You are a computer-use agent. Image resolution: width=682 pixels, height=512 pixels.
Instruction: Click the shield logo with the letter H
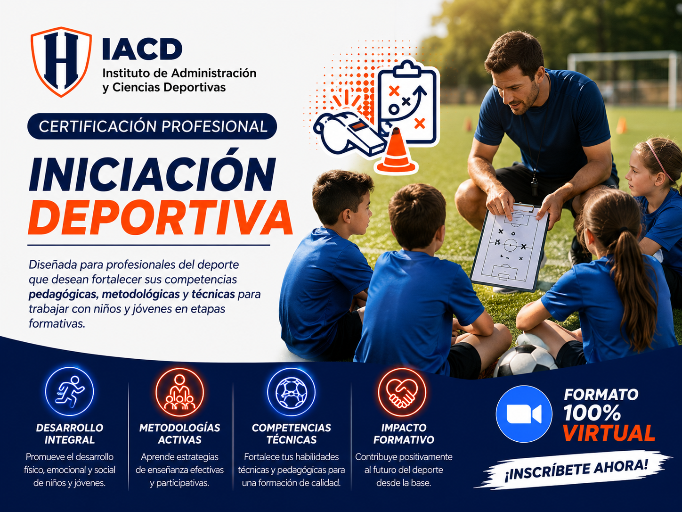pos(61,62)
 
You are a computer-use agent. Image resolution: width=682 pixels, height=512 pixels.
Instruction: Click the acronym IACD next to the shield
pos(142,50)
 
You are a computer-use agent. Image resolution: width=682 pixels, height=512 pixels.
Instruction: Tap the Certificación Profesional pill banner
pos(152,126)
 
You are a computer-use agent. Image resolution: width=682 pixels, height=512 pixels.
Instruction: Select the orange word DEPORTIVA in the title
pos(160,217)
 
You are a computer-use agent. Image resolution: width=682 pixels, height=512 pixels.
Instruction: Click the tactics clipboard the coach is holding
pos(510,247)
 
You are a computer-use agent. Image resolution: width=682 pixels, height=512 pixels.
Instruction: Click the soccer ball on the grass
pos(525,361)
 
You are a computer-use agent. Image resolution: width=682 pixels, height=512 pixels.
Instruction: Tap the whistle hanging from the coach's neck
pos(535,187)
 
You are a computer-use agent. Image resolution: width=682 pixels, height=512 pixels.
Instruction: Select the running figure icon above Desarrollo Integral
pos(69,391)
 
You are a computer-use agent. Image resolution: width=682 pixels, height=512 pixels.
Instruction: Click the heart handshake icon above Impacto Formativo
pos(402,392)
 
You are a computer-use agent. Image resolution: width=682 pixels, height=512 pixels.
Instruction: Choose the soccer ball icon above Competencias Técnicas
pos(291,392)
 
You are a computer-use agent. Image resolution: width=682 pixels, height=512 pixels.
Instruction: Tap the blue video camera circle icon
pos(524,414)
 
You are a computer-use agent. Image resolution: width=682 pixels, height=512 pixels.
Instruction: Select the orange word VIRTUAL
pos(609,433)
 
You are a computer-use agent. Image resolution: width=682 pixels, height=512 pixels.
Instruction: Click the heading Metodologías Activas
pos(179,434)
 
